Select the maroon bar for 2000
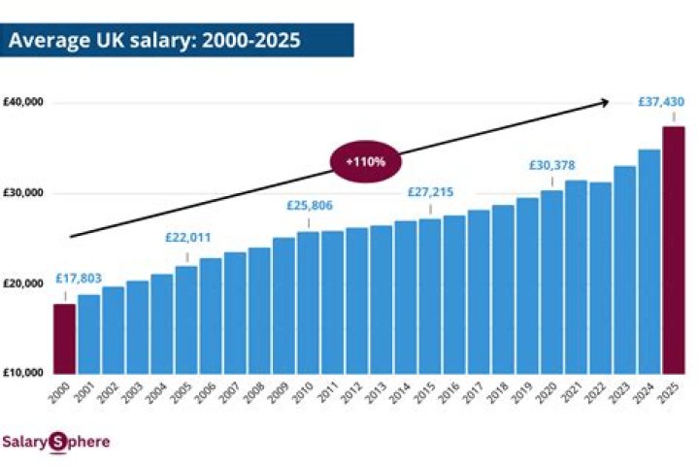click(x=64, y=339)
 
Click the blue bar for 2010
click(x=308, y=302)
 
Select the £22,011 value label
click(x=186, y=238)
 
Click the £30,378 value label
click(x=552, y=166)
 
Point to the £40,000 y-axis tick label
click(x=23, y=103)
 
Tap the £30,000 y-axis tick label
click(x=23, y=193)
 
